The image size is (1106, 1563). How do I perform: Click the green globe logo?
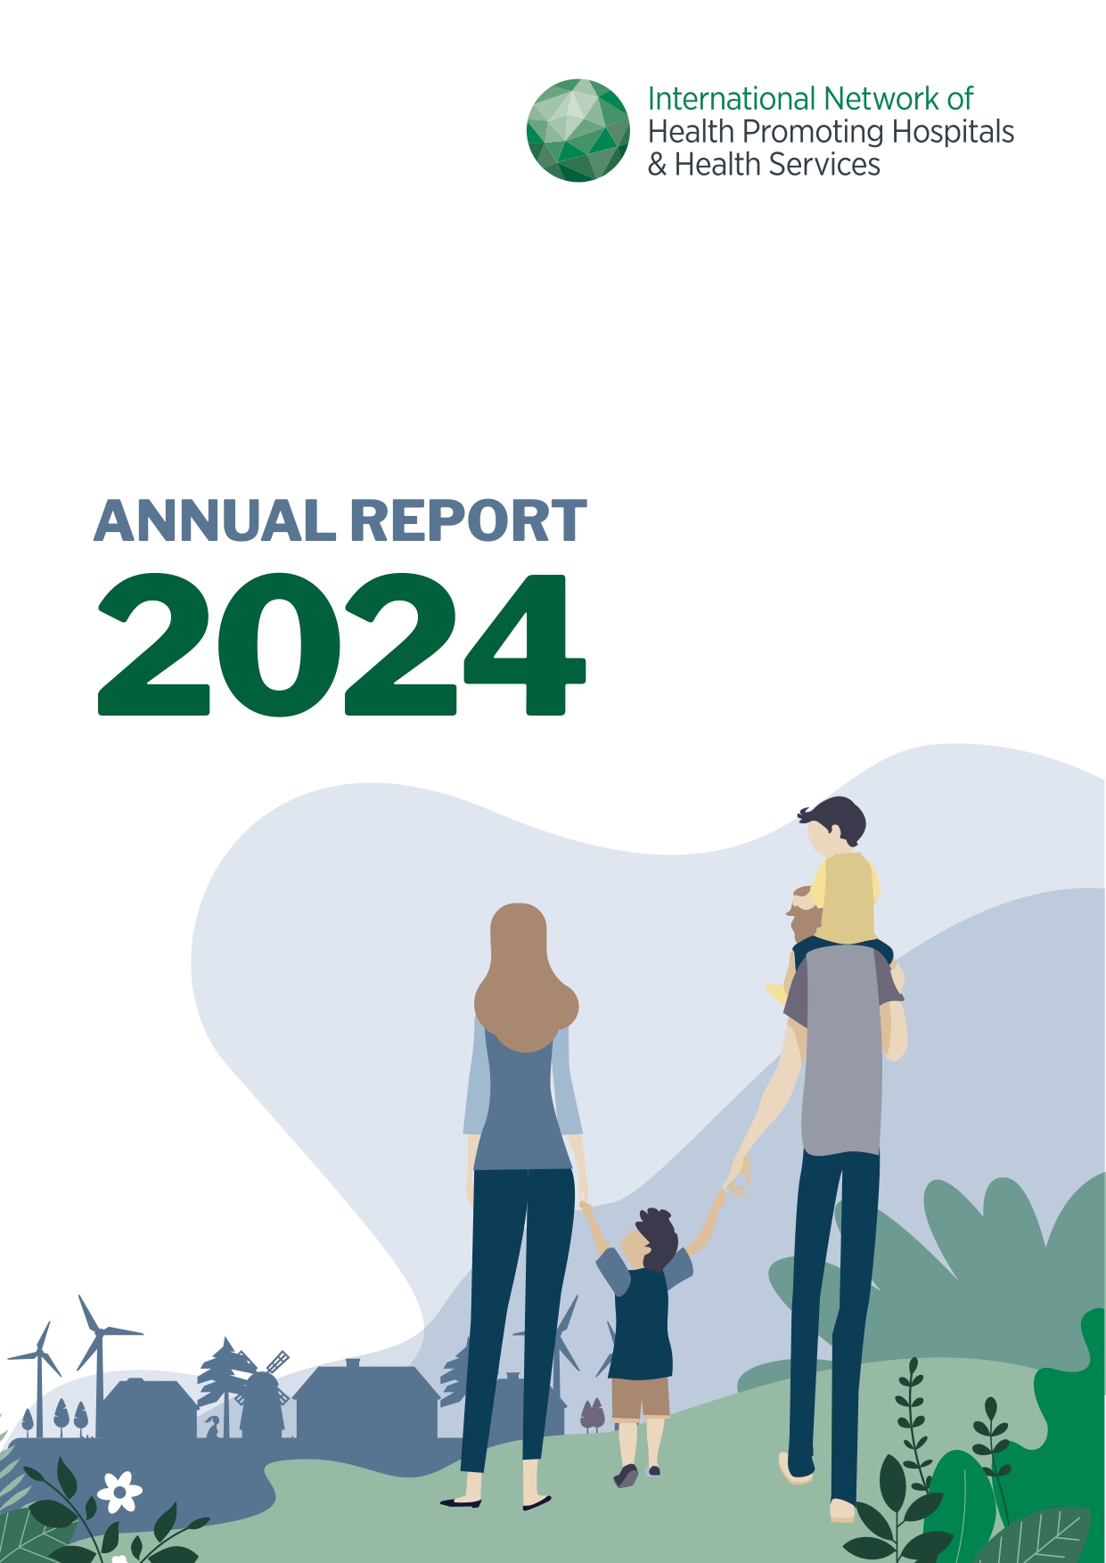578,130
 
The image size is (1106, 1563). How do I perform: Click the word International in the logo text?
731,99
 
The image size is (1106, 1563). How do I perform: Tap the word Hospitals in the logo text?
953,132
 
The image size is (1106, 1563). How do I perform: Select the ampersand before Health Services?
657,165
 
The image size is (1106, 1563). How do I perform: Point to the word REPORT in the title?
468,521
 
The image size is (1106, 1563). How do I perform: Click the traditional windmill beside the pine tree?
264,1399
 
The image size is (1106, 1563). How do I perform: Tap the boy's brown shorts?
640,1396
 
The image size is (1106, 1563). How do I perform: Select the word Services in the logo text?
824,165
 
